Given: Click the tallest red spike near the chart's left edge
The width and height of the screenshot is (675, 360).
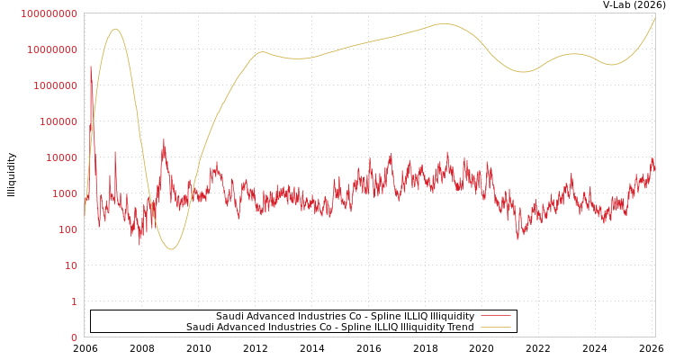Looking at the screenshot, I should (x=90, y=67).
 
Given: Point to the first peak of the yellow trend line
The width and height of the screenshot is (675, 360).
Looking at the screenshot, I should (x=115, y=29).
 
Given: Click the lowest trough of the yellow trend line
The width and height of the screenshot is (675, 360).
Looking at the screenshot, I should (x=171, y=248).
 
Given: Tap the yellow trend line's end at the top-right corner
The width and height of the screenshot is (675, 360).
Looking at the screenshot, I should (x=654, y=17).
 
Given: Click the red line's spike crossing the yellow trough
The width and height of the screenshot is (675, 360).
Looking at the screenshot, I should (x=164, y=141).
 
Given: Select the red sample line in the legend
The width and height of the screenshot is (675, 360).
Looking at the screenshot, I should (x=495, y=316).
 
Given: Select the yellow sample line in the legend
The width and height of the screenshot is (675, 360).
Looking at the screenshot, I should (x=495, y=327).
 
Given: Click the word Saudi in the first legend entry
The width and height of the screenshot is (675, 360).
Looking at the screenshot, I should (x=229, y=316).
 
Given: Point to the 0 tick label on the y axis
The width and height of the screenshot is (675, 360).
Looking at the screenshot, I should (x=74, y=337).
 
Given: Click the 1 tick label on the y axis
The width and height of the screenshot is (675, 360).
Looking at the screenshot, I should (x=74, y=301).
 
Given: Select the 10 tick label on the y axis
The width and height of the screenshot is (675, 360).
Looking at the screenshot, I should (x=70, y=265).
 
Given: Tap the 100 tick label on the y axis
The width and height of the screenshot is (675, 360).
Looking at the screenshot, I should (x=67, y=229).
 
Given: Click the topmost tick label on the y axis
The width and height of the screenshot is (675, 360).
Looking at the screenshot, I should (x=49, y=13).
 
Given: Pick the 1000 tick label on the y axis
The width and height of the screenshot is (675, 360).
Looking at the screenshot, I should (x=65, y=193).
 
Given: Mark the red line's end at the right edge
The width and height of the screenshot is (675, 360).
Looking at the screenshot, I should (x=654, y=167).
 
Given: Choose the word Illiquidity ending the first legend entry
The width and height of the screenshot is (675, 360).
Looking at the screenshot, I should (x=452, y=316).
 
